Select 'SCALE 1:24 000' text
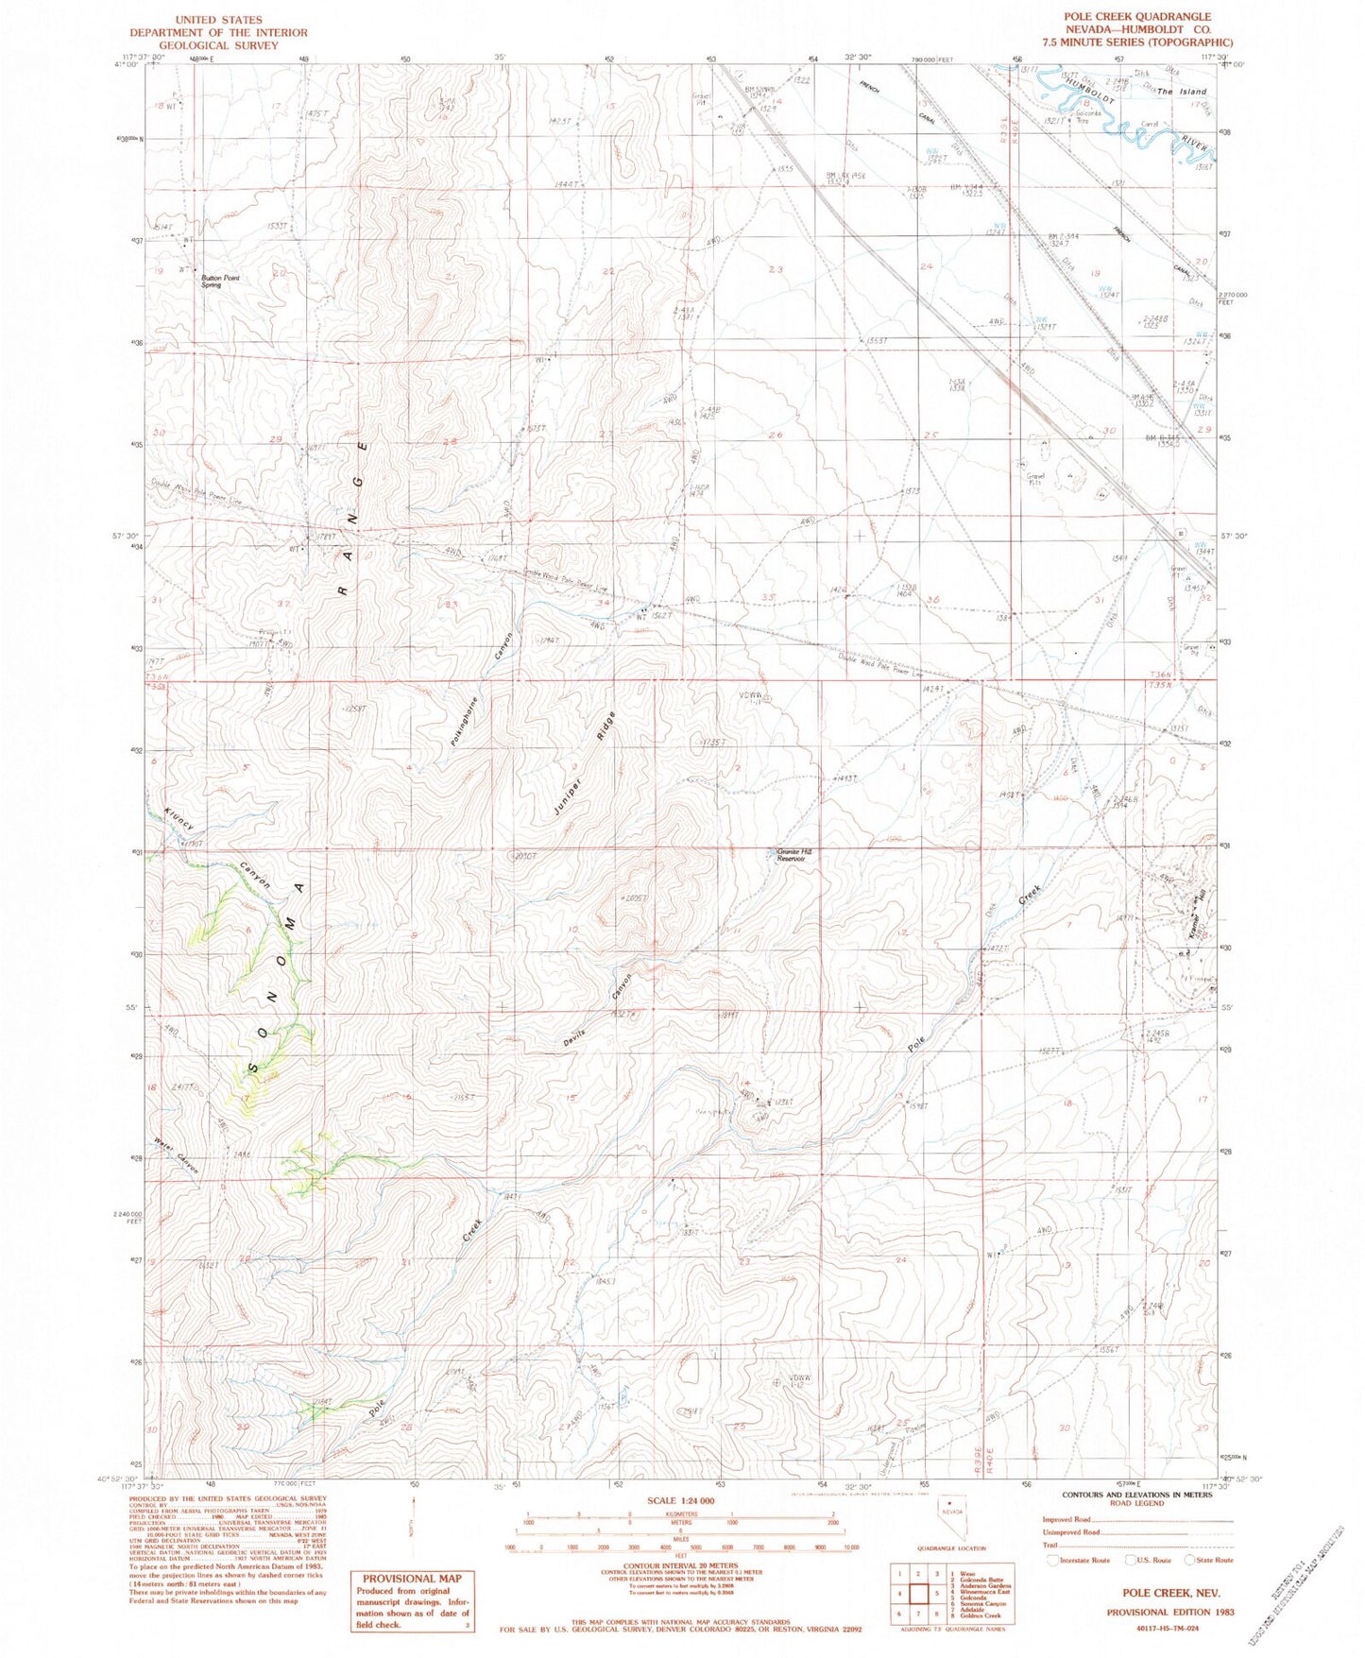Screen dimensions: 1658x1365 click(x=680, y=1527)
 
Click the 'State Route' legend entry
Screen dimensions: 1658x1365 click(x=1214, y=1560)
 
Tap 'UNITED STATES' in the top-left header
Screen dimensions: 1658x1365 click(x=218, y=19)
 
